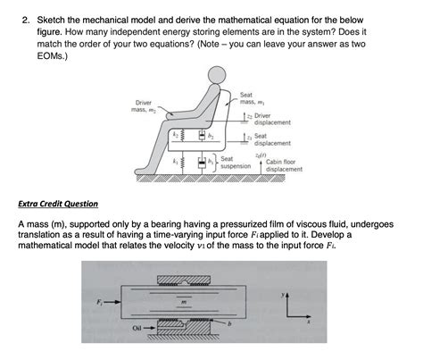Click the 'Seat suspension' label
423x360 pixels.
click(235, 162)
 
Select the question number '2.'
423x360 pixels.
click(28, 16)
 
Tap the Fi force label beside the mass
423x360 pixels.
click(87, 301)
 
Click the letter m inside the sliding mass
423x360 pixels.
click(183, 301)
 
